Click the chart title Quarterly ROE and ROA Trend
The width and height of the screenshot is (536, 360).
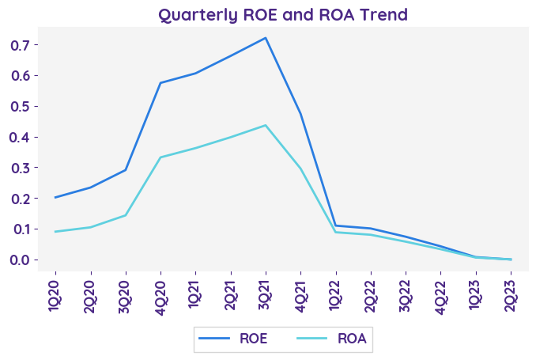[283, 14]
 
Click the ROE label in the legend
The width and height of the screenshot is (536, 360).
[253, 339]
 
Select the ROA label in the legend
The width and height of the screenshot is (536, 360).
[351, 339]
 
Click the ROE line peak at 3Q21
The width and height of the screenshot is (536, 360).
[266, 38]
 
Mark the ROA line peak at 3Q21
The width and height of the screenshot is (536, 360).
[266, 125]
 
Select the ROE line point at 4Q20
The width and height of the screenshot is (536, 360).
[160, 83]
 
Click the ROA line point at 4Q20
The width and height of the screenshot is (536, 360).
[160, 157]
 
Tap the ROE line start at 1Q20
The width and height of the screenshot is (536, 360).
[55, 198]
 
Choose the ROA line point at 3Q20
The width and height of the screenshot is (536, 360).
[126, 215]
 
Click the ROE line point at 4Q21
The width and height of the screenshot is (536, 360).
[300, 113]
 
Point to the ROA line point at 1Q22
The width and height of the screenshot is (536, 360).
[335, 232]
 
